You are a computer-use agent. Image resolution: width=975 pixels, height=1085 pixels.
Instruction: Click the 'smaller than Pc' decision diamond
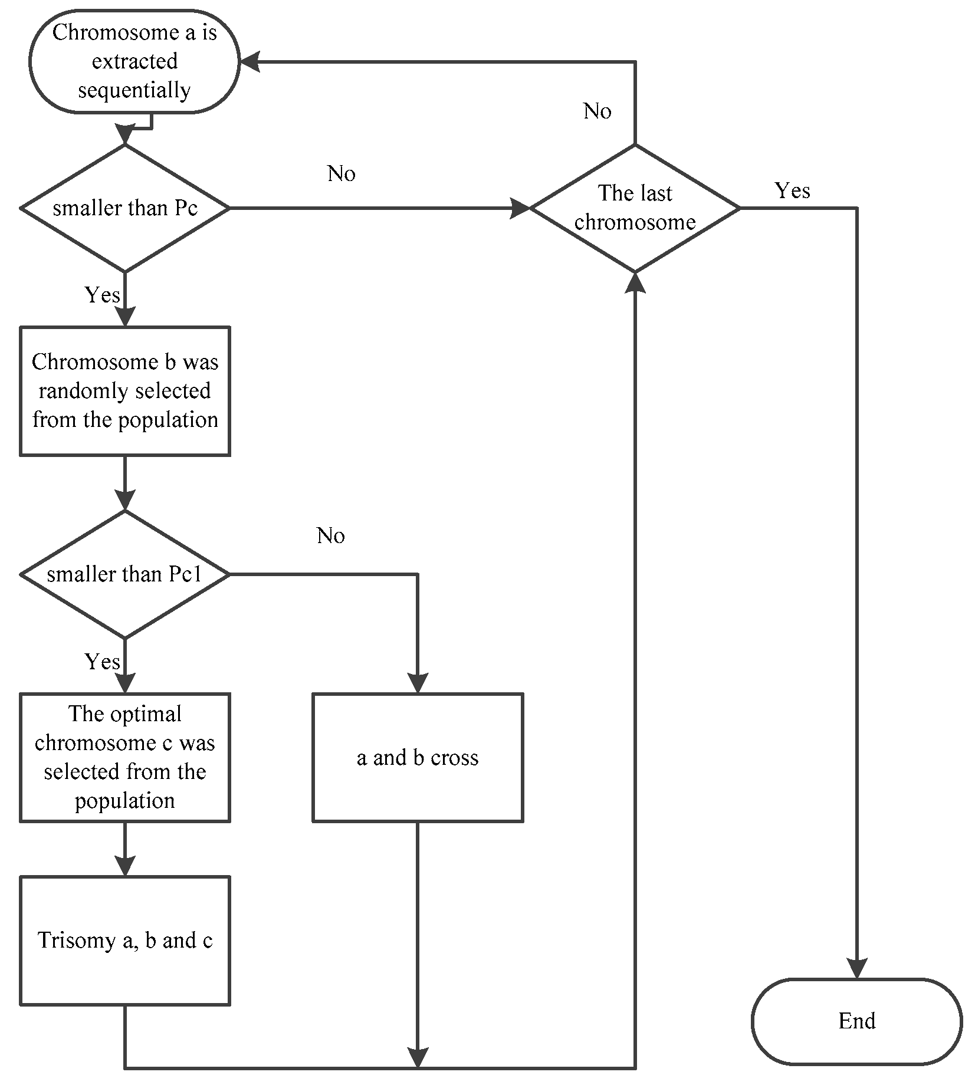(x=124, y=208)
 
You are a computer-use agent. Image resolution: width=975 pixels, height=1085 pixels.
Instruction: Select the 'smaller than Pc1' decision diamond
(x=124, y=574)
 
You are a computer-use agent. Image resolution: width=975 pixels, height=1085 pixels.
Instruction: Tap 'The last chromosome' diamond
(x=635, y=208)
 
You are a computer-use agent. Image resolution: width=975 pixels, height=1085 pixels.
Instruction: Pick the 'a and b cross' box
(x=417, y=757)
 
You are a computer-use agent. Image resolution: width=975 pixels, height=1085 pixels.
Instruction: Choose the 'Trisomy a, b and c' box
(x=124, y=940)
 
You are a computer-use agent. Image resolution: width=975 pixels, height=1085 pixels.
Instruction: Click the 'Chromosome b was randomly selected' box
(x=124, y=390)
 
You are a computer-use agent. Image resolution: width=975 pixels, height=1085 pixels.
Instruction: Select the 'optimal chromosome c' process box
(x=124, y=757)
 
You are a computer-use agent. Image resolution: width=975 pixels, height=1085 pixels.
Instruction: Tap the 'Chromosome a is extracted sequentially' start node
(x=134, y=61)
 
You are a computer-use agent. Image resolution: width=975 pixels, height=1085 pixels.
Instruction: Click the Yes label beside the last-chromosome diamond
(x=792, y=190)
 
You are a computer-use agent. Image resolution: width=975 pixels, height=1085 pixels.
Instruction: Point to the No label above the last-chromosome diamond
(x=597, y=111)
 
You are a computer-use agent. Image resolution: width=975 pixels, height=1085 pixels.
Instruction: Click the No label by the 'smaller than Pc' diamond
(x=341, y=173)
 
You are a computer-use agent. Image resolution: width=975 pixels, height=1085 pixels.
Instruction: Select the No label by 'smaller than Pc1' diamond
(x=330, y=535)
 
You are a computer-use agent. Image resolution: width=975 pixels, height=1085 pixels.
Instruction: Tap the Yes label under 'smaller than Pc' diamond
(x=102, y=295)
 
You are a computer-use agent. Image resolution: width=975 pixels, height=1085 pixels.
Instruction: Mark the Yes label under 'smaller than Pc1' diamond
(x=102, y=662)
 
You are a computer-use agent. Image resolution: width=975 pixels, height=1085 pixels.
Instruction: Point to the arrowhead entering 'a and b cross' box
(x=417, y=683)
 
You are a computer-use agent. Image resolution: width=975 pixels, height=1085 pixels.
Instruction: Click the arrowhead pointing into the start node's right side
(x=250, y=61)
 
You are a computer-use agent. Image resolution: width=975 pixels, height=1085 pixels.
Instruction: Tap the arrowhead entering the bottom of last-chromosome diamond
(x=635, y=282)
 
